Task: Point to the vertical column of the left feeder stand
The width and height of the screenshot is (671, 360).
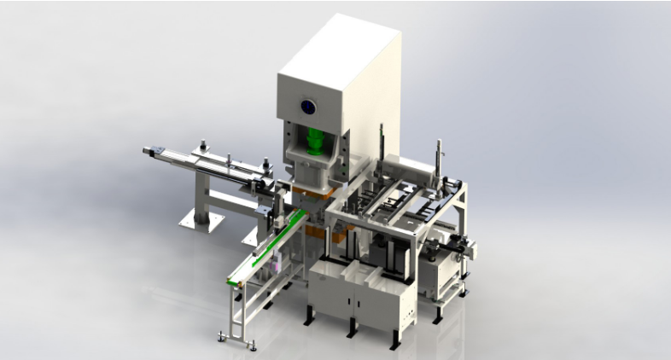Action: (x=201, y=192)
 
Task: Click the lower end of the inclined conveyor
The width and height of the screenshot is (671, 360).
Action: (x=236, y=281)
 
